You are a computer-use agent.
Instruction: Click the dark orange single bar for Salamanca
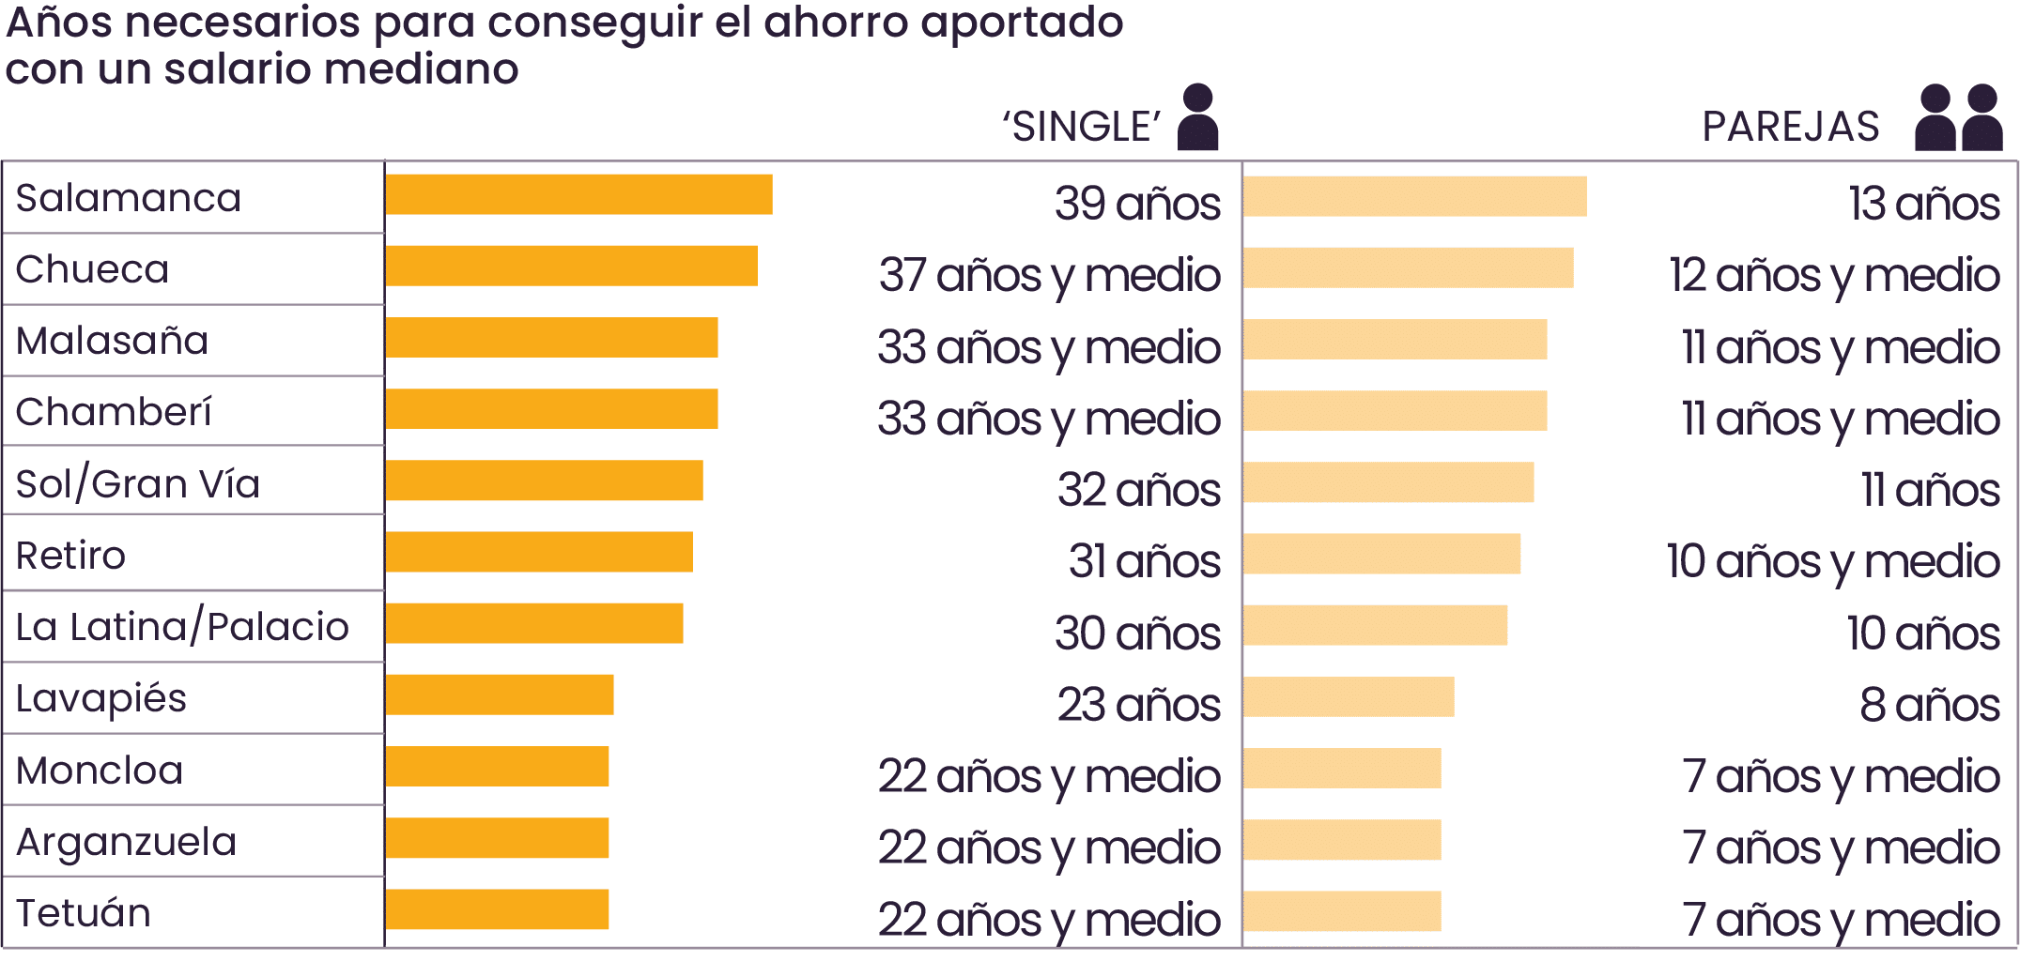(578, 194)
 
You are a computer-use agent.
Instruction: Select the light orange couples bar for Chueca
(1408, 267)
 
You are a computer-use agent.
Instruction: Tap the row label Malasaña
(112, 341)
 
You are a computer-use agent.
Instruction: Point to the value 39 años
(1137, 204)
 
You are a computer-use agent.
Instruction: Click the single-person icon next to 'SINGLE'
(1197, 117)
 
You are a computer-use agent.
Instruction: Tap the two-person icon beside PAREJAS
(1958, 117)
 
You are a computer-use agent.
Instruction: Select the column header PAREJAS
(1790, 127)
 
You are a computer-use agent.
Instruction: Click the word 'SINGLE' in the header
(1081, 127)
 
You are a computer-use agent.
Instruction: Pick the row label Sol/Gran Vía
(138, 484)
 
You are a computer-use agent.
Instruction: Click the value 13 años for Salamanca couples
(1923, 204)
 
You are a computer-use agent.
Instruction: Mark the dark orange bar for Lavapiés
(499, 695)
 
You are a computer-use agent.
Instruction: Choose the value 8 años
(1929, 705)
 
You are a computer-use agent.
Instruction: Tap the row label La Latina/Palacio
(182, 627)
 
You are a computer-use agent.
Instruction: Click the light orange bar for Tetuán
(1342, 911)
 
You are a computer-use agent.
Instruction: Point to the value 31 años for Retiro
(1144, 561)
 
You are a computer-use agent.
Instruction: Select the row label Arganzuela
(126, 842)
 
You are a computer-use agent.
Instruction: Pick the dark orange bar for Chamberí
(551, 409)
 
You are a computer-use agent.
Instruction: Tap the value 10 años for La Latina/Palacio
(1922, 634)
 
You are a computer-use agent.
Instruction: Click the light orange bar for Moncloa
(1342, 768)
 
